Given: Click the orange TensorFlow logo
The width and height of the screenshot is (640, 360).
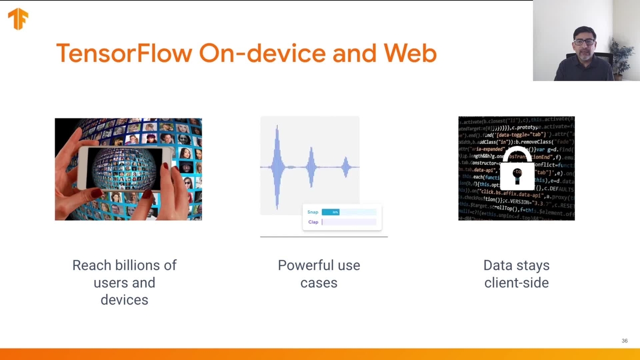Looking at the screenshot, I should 18,19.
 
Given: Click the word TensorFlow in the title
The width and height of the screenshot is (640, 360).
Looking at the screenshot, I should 124,53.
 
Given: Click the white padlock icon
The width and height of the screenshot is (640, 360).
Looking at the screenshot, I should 517,170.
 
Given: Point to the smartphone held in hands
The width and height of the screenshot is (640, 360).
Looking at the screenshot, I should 125,167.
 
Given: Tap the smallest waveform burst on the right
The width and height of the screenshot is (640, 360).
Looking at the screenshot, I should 346,167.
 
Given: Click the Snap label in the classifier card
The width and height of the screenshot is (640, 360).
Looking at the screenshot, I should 313,212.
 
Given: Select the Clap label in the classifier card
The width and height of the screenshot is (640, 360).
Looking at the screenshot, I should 313,222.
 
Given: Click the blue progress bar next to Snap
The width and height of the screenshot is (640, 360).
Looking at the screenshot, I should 331,212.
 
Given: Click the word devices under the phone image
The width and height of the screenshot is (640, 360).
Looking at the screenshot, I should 124,300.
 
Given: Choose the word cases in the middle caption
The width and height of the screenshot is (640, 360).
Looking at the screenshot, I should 319,283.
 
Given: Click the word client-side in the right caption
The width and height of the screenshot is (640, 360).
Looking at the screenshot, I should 516,283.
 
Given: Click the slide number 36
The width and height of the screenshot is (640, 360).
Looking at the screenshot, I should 625,341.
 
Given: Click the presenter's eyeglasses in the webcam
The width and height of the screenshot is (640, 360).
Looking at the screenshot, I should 584,42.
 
